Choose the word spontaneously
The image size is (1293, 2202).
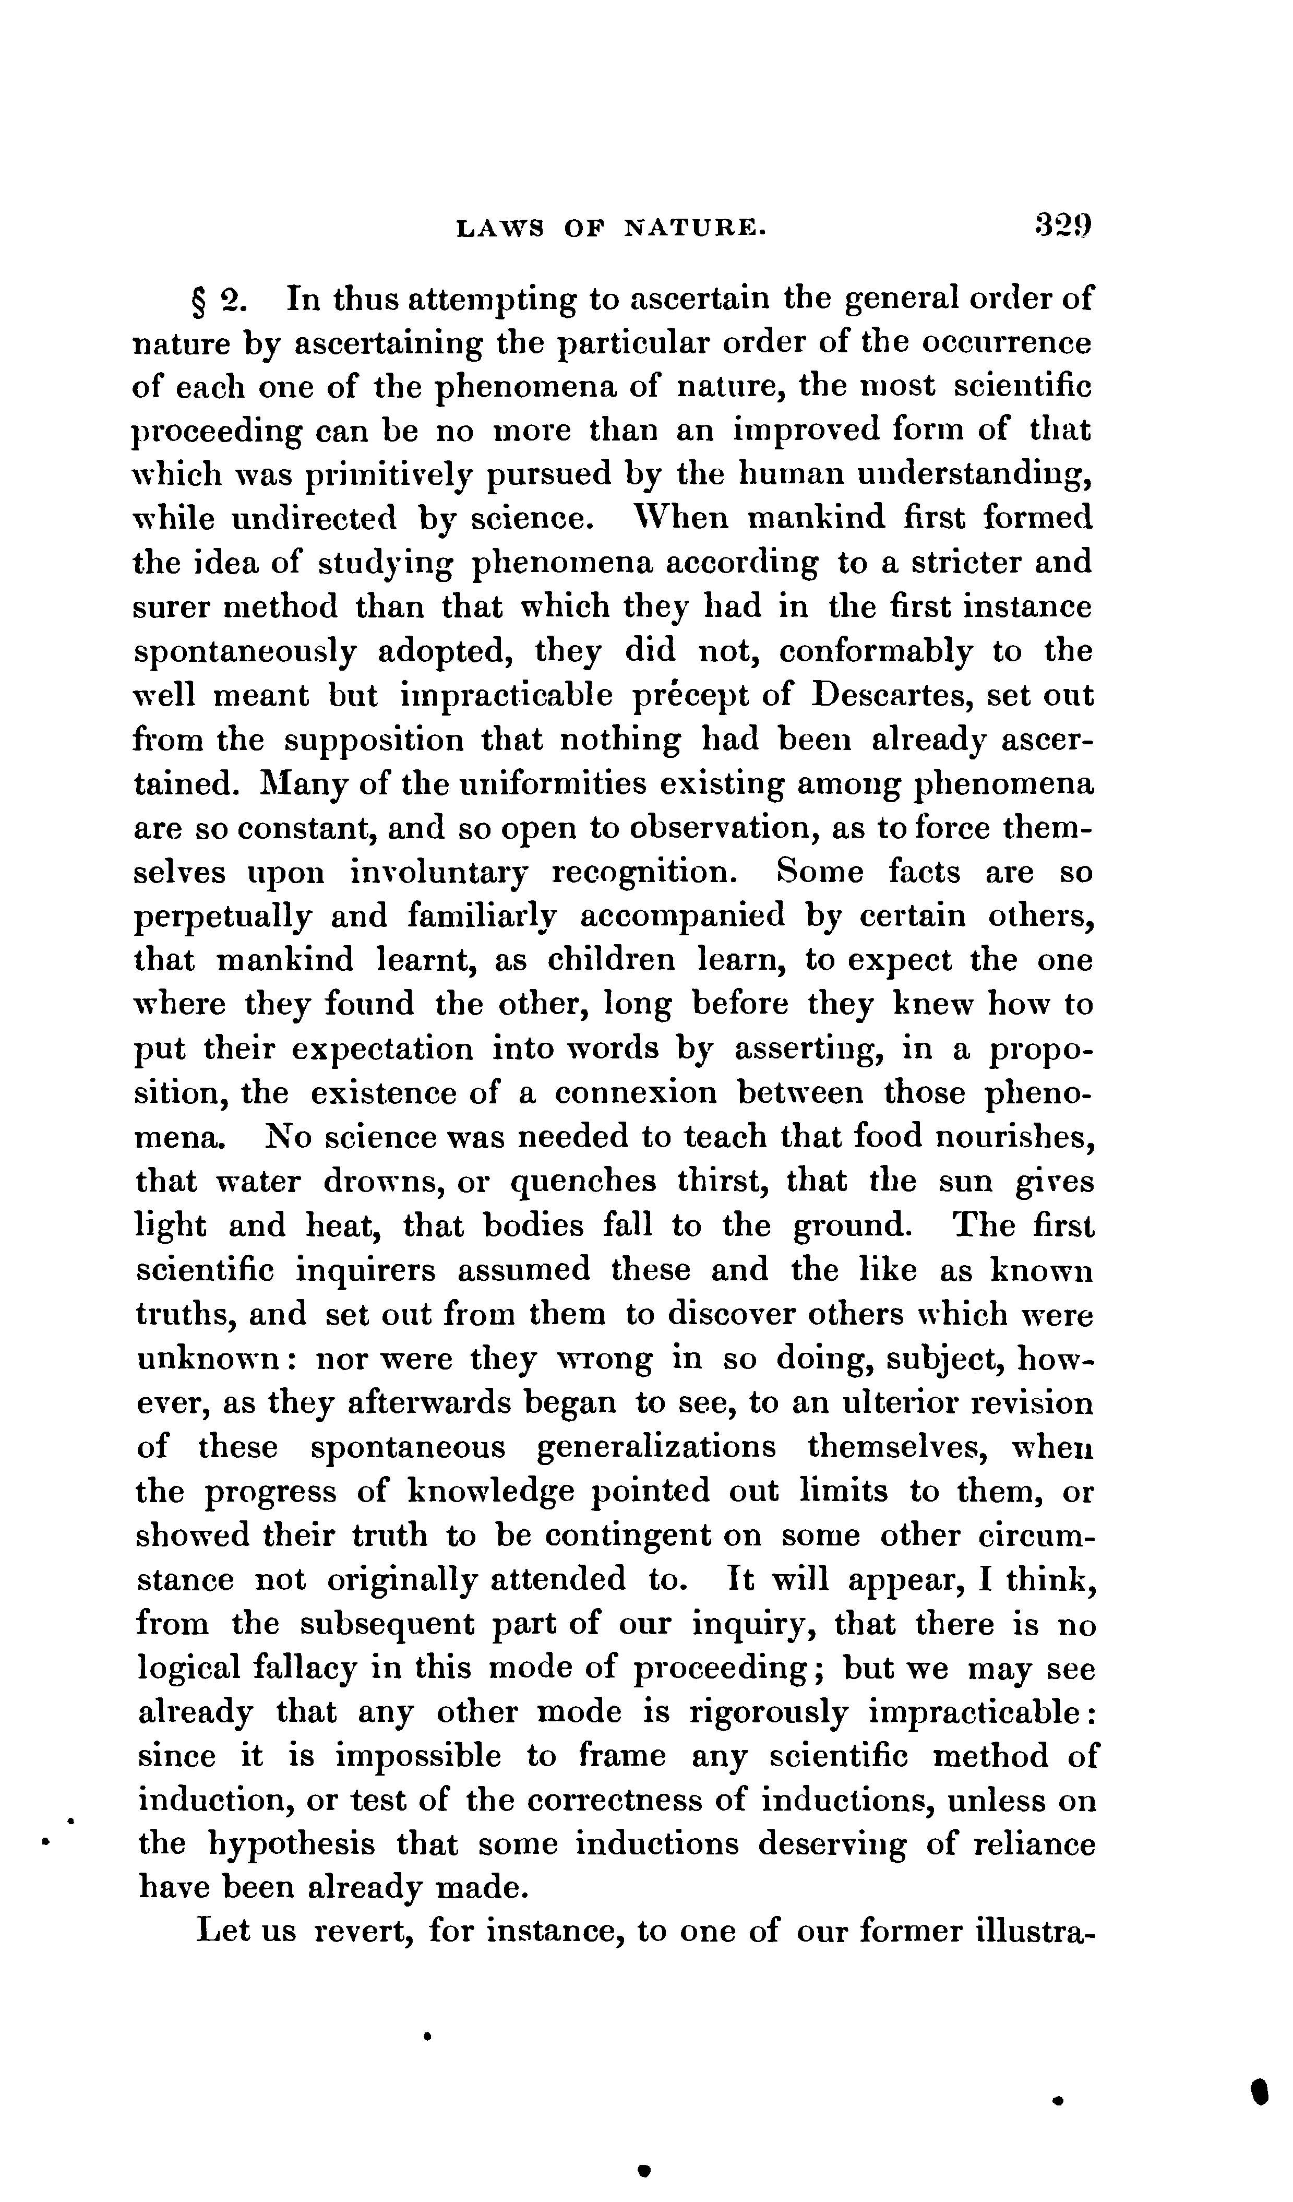(245, 652)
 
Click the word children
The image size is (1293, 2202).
(612, 960)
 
